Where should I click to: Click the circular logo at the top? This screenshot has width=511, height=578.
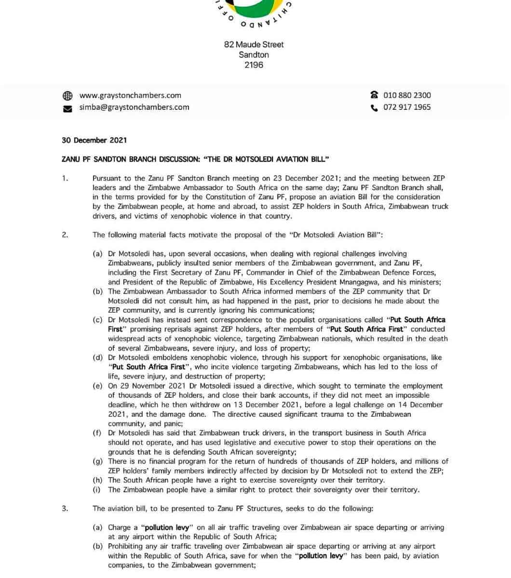pyautogui.click(x=254, y=10)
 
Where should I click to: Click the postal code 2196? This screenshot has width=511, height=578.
pyautogui.click(x=254, y=65)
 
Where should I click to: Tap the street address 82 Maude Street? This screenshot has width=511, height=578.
pyautogui.click(x=254, y=44)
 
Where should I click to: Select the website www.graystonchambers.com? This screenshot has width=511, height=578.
pyautogui.click(x=130, y=95)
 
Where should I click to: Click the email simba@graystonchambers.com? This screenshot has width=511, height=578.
pyautogui.click(x=134, y=107)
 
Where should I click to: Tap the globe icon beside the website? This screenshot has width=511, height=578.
pyautogui.click(x=67, y=96)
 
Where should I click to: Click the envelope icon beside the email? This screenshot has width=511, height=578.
pyautogui.click(x=67, y=108)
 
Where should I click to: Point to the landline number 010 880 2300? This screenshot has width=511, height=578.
pyautogui.click(x=407, y=95)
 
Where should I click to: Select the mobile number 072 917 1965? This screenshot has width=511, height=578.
pyautogui.click(x=407, y=107)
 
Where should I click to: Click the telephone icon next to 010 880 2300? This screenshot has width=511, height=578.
pyautogui.click(x=374, y=95)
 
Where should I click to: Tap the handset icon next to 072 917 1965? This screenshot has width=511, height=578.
pyautogui.click(x=374, y=107)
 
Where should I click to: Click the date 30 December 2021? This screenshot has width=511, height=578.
pyautogui.click(x=94, y=140)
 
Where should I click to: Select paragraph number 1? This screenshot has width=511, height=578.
pyautogui.click(x=65, y=178)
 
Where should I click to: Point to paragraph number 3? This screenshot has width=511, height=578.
pyautogui.click(x=65, y=509)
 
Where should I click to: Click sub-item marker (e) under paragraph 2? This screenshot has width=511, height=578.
pyautogui.click(x=97, y=386)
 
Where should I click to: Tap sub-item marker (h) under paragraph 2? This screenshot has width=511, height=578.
pyautogui.click(x=97, y=480)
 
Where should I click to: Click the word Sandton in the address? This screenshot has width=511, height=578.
pyautogui.click(x=254, y=55)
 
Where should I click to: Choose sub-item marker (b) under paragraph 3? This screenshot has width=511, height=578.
pyautogui.click(x=97, y=546)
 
